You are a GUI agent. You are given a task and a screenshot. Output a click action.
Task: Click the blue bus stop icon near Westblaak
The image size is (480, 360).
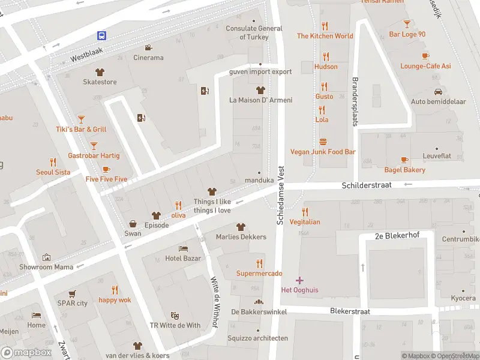(x=103, y=36)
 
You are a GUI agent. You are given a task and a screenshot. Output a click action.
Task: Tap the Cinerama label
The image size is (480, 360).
(x=148, y=58)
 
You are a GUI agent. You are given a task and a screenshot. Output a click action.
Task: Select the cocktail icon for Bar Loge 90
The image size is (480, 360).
(x=407, y=24)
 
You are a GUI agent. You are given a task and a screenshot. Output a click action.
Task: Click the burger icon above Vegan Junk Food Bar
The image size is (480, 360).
(x=323, y=142)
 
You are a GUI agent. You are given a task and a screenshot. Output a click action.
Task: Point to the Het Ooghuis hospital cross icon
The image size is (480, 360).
(x=300, y=280)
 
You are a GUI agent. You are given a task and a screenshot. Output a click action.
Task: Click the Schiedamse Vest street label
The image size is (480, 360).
(x=280, y=196)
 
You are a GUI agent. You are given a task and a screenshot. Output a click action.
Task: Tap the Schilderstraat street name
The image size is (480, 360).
(x=367, y=185)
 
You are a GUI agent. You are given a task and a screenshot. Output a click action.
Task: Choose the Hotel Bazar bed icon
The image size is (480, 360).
(x=183, y=248)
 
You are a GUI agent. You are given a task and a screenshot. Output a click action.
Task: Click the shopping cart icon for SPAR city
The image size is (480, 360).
(x=72, y=293)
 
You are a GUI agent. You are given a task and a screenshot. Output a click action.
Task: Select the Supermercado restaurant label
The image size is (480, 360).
(x=259, y=274)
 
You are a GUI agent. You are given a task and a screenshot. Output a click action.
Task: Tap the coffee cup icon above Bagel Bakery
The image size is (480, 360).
(x=405, y=160)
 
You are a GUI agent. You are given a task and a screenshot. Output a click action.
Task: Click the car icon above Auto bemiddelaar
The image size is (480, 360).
(x=438, y=92)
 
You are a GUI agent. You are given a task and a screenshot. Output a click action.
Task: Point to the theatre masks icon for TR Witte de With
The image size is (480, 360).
(x=175, y=315)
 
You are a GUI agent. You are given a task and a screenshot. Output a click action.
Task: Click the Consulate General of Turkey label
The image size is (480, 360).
(x=254, y=32)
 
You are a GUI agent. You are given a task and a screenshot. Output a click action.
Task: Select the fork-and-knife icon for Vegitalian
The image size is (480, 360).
(x=305, y=211)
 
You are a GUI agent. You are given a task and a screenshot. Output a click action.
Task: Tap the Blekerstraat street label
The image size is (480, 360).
(x=350, y=311)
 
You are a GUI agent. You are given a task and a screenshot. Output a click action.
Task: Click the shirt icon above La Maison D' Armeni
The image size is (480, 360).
(x=260, y=90)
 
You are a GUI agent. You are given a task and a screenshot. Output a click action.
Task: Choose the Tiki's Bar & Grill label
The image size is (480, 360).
(x=81, y=130)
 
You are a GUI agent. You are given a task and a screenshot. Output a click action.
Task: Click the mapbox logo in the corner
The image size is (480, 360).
(x=26, y=352)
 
